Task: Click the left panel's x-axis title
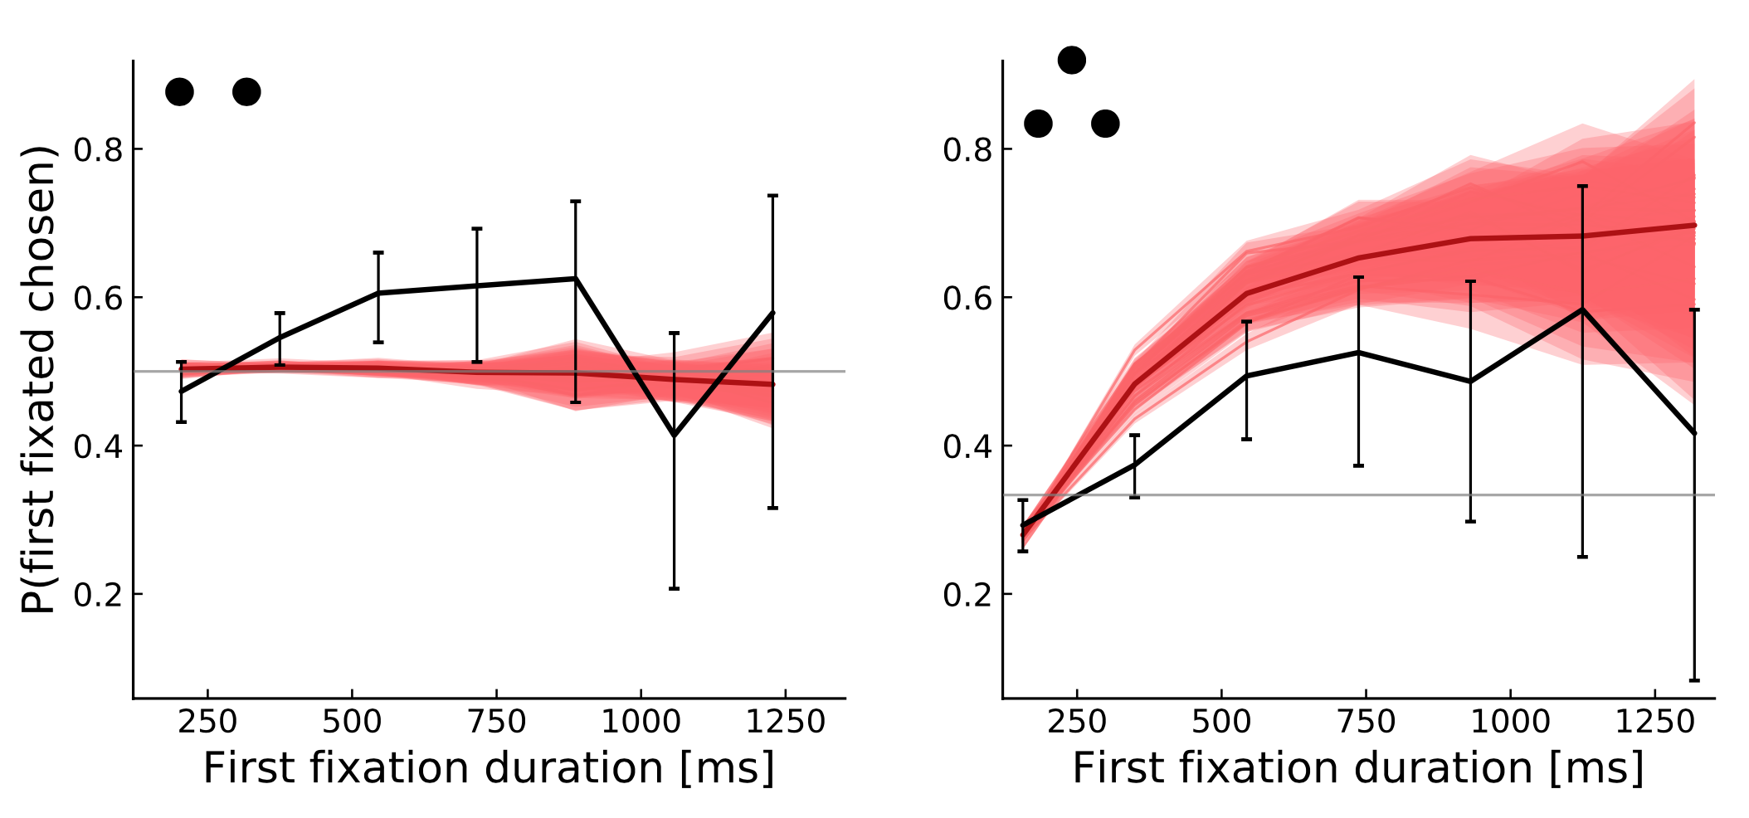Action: (x=489, y=768)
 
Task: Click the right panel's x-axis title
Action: (x=1358, y=768)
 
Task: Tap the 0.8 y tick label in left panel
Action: (x=97, y=150)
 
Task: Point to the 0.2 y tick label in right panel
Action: (x=967, y=595)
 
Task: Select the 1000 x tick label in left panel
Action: (x=641, y=723)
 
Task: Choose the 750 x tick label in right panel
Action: (x=1366, y=723)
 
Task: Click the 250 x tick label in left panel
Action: (x=207, y=723)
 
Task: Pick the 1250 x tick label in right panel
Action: (x=1654, y=723)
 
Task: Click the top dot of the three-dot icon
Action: (x=1072, y=60)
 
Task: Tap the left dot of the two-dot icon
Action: (x=179, y=91)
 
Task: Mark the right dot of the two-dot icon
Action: (x=246, y=91)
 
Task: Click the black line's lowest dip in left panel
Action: (x=674, y=436)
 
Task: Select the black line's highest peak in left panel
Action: (x=575, y=279)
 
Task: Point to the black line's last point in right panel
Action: (x=1694, y=433)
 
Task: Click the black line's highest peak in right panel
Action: (x=1582, y=309)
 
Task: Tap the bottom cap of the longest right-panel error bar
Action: (x=1694, y=680)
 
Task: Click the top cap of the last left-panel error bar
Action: (x=772, y=196)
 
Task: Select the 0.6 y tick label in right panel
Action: (x=967, y=299)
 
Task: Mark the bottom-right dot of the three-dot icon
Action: (x=1105, y=124)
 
